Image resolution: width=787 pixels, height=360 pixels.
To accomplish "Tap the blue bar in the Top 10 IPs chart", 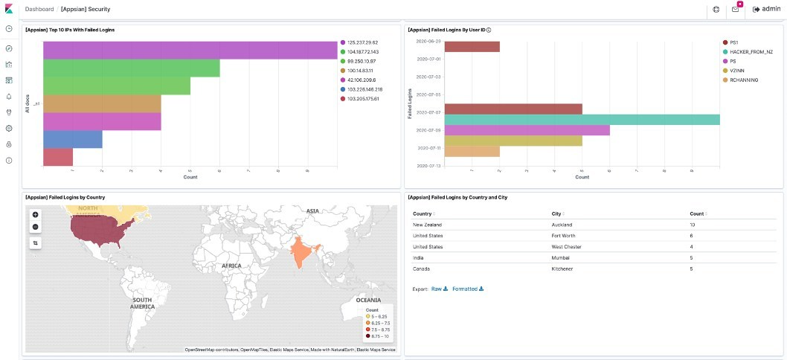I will [x=73, y=139].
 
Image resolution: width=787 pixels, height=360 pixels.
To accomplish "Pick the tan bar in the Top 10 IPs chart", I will [x=102, y=103].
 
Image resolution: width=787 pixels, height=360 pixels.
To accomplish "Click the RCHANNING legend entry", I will [x=743, y=80].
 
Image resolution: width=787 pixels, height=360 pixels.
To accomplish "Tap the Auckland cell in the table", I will [x=563, y=224].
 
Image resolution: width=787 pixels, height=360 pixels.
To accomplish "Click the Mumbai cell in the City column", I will [x=561, y=257].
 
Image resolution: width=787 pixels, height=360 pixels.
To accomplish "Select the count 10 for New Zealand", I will [x=693, y=224].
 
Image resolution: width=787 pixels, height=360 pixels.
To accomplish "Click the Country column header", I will [x=424, y=213].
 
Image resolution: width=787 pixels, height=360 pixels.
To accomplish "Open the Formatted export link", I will [x=467, y=289].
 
